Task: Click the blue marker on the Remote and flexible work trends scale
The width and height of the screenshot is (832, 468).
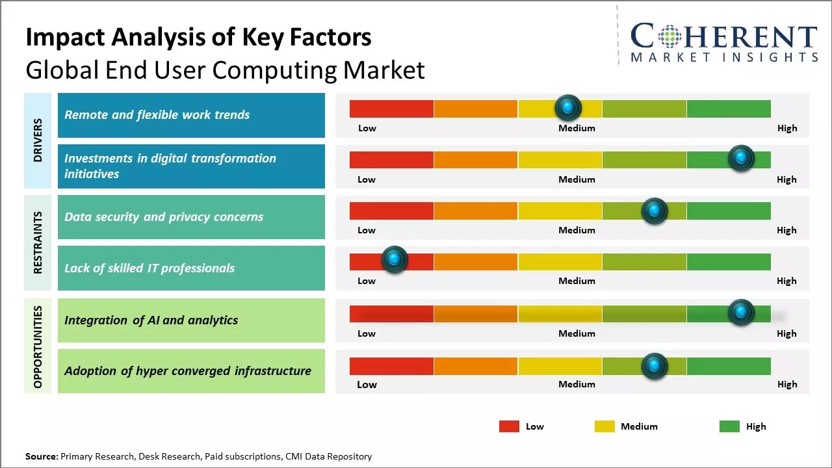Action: coord(567,107)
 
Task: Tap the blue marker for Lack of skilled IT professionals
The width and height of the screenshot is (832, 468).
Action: coord(393,259)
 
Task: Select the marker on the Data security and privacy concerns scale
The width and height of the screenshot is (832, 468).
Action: coord(654,210)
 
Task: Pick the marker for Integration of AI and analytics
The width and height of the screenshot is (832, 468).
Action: coord(740,312)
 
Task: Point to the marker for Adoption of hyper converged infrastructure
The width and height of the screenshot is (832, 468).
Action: coord(654,365)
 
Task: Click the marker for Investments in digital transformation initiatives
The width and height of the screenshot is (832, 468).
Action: coord(740,157)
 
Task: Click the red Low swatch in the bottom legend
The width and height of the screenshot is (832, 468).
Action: coord(509,426)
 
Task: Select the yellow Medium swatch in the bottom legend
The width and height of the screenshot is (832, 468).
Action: coord(604,426)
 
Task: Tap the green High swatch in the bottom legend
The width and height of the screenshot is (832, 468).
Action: coord(729,426)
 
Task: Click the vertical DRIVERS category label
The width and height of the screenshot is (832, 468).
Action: coord(38,140)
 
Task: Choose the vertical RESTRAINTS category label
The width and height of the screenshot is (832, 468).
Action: coord(38,242)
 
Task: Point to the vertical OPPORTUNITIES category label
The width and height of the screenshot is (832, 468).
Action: coord(38,346)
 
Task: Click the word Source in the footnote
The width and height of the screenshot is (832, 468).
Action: coord(41,456)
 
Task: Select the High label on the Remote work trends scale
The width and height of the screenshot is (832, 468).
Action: coord(787,128)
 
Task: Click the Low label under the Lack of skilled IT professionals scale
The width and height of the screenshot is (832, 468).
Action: coord(367,281)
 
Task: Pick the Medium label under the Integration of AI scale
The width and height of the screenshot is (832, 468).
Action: coord(577,333)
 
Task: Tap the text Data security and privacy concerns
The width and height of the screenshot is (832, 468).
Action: coord(164,217)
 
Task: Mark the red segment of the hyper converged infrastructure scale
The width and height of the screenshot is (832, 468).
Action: coord(391,366)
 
